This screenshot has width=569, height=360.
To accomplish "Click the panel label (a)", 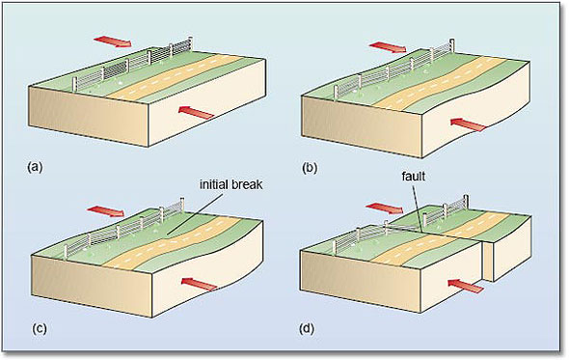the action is click(x=35, y=168).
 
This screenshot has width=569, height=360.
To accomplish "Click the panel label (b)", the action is click(x=310, y=168).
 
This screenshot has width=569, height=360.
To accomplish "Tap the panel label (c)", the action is click(x=40, y=328).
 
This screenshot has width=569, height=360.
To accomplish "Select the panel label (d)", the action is click(x=307, y=329).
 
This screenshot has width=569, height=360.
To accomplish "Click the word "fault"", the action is click(x=414, y=177).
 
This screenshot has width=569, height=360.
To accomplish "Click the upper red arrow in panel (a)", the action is click(x=113, y=42).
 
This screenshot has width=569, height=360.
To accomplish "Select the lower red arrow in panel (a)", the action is click(x=197, y=112).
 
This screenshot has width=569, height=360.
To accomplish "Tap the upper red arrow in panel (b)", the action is click(x=388, y=47).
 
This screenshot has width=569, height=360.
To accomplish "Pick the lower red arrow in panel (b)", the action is click(x=468, y=125).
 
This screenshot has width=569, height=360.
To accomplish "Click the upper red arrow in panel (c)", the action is click(x=105, y=210).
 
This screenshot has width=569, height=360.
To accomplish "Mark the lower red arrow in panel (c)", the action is click(x=200, y=284).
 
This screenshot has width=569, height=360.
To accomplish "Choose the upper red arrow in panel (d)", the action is click(x=384, y=208).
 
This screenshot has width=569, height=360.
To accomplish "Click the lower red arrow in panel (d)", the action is click(x=466, y=286).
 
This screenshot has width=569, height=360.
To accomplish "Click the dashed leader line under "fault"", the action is click(x=418, y=207).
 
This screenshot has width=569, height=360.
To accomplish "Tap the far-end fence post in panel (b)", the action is click(x=451, y=45).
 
